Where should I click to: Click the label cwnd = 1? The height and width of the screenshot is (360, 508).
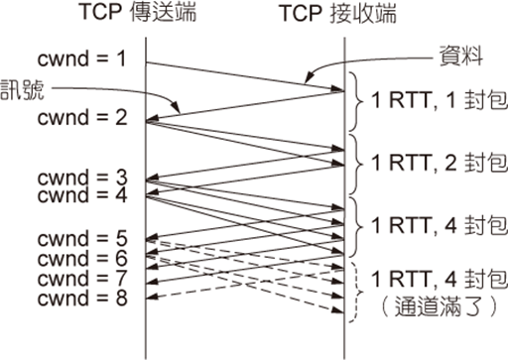click(81, 59)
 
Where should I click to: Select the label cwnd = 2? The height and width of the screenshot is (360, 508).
click(82, 117)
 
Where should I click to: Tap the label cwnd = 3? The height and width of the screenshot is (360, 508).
click(82, 177)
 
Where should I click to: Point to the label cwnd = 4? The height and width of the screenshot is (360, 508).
click(82, 194)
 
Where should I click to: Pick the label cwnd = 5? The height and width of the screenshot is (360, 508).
click(82, 238)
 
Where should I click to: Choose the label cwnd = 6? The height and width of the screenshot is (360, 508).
click(82, 258)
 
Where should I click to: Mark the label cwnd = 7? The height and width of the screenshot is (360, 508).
click(82, 278)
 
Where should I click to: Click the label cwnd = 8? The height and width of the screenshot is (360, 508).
click(82, 298)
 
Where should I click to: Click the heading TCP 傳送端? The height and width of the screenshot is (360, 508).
click(138, 12)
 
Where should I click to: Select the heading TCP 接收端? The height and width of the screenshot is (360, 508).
click(338, 14)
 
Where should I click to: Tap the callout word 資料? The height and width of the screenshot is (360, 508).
click(460, 57)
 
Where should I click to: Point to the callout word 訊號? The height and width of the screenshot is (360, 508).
click(22, 89)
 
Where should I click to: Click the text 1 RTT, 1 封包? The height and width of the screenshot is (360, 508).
click(439, 99)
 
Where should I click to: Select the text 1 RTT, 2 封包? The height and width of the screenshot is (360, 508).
click(439, 163)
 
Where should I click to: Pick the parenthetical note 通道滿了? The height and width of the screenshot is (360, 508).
click(439, 307)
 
